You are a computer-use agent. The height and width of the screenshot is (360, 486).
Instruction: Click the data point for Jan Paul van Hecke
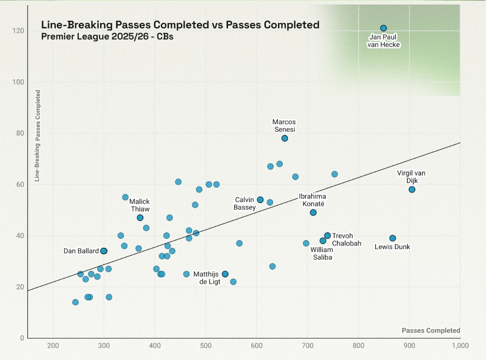tap(383, 28)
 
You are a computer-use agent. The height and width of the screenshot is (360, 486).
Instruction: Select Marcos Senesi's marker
tap(285, 138)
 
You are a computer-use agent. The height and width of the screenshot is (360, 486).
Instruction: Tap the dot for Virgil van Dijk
tap(412, 190)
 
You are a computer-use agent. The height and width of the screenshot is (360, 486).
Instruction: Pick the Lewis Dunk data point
tap(393, 238)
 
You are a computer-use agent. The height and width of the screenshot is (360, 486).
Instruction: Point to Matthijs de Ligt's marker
tap(225, 274)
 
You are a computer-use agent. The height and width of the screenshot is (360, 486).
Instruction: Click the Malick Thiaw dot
tap(140, 218)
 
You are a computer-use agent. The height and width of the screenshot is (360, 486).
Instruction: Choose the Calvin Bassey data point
tap(260, 200)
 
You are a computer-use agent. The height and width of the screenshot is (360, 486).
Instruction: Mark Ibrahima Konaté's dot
tap(313, 213)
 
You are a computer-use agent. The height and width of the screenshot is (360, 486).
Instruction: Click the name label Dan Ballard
tap(81, 251)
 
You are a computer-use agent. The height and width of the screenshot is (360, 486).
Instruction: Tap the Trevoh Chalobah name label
tap(346, 239)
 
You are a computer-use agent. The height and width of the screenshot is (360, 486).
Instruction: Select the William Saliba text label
tap(322, 253)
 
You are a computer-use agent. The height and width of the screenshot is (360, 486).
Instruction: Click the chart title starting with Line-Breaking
tap(180, 25)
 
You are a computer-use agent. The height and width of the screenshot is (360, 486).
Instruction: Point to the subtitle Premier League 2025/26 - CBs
tap(107, 36)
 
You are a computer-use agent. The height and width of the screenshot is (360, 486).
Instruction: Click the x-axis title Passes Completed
tap(431, 331)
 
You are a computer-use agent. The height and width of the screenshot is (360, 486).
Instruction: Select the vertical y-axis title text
tap(38, 136)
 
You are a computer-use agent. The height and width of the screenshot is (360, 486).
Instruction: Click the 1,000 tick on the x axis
tap(459, 346)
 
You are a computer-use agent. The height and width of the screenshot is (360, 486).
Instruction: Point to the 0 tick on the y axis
tap(22, 338)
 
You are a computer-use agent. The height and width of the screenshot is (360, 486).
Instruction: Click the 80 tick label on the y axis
tap(20, 133)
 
